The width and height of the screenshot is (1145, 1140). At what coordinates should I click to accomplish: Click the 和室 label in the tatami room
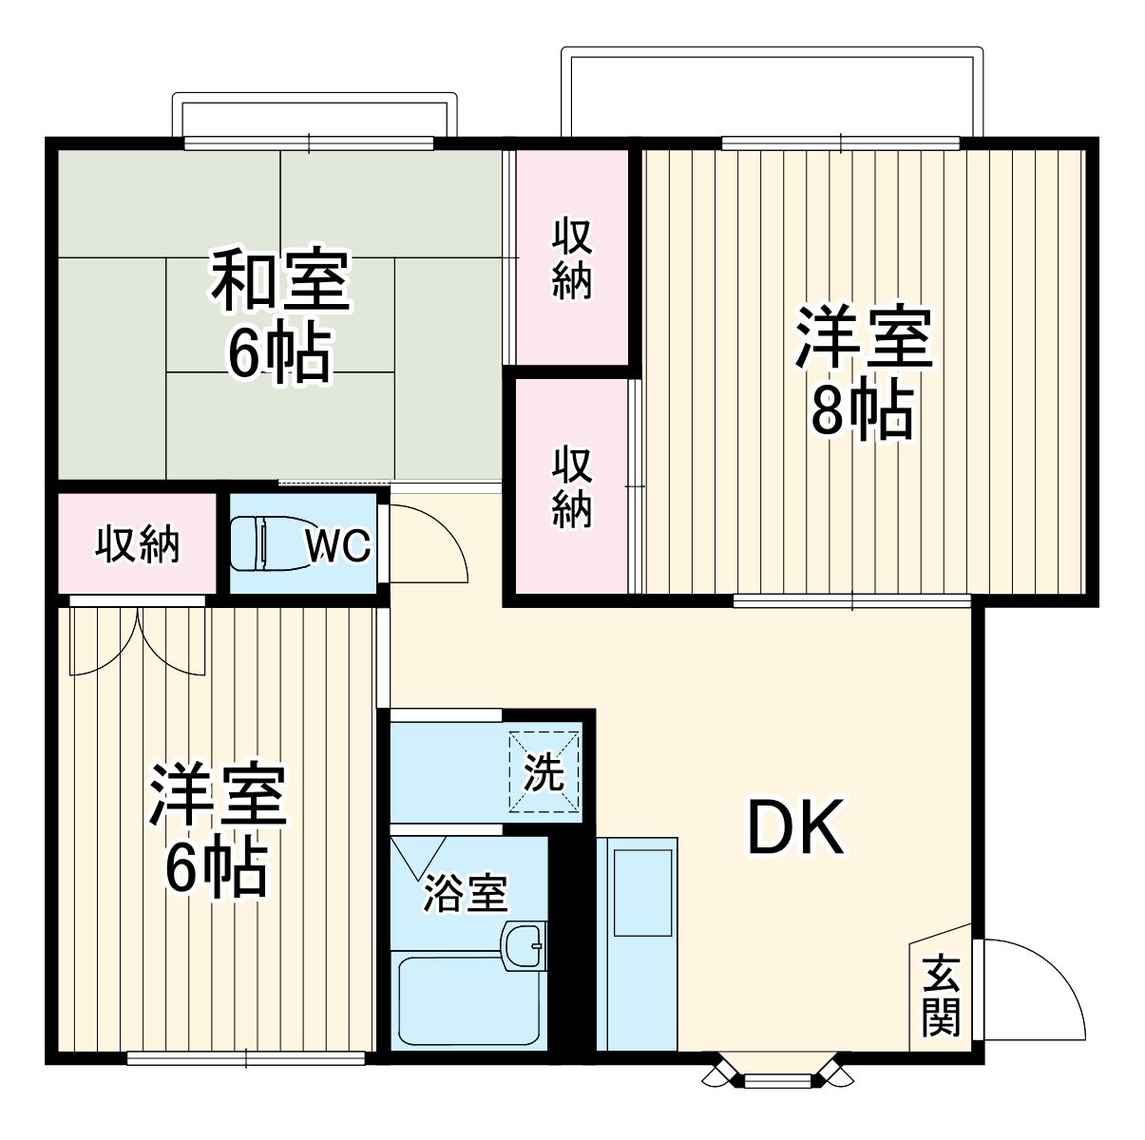tap(280, 280)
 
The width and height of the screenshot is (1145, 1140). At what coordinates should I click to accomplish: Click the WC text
tap(337, 546)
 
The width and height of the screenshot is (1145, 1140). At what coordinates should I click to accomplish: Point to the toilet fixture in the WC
tap(269, 544)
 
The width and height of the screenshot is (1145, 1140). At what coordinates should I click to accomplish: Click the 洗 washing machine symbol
tap(544, 771)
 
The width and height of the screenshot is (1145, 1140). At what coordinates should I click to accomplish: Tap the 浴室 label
tap(465, 893)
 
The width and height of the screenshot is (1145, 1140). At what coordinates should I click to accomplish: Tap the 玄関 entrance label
tap(941, 996)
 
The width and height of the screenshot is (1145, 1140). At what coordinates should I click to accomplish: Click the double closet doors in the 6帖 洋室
tap(138, 641)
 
